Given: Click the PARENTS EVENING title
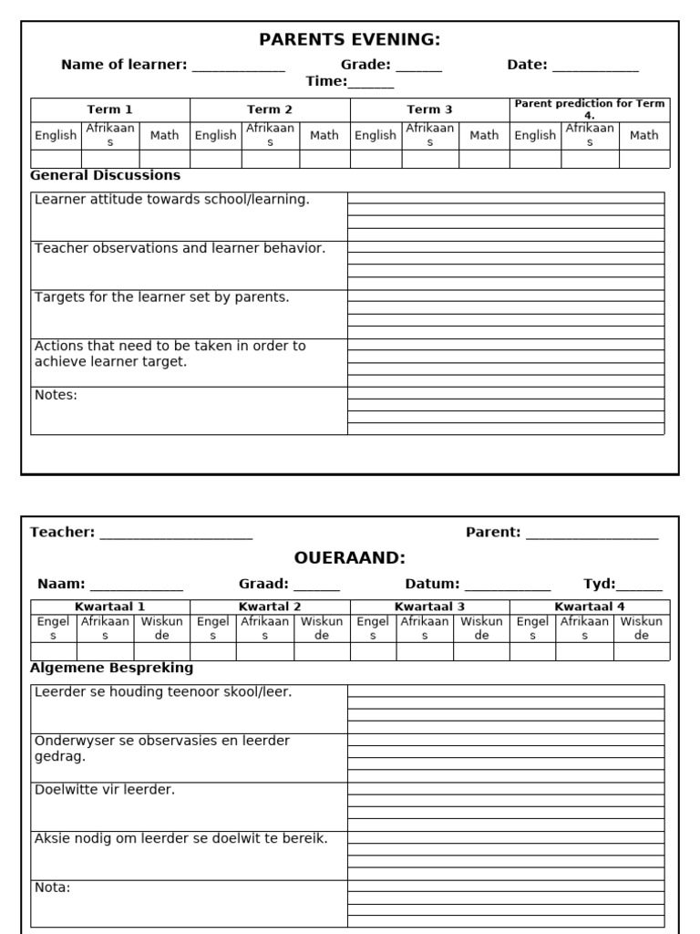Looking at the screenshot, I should (350, 39).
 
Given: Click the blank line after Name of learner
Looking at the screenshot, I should (238, 66).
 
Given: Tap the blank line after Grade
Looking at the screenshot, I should (418, 66).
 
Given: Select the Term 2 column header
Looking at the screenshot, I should (270, 109).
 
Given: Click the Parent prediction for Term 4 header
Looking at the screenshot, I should (589, 109).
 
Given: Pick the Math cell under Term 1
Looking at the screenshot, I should (164, 135).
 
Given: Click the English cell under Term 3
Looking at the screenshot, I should (376, 135).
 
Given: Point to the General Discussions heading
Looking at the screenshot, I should (105, 175).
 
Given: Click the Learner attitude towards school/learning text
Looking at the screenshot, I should (171, 199).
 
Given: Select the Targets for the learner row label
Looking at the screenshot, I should (161, 297).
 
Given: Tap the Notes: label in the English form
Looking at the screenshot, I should (56, 395).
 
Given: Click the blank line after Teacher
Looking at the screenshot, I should (176, 533).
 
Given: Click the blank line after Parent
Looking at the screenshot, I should (592, 533).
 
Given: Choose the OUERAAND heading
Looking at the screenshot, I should (350, 557).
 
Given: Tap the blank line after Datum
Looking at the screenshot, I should (508, 585).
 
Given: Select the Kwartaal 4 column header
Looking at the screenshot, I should (589, 607).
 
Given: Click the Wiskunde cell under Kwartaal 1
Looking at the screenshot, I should (161, 628).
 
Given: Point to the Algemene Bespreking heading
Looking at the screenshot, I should (111, 668).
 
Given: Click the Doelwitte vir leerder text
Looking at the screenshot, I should (104, 790).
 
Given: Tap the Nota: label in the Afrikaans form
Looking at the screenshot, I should (52, 887).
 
